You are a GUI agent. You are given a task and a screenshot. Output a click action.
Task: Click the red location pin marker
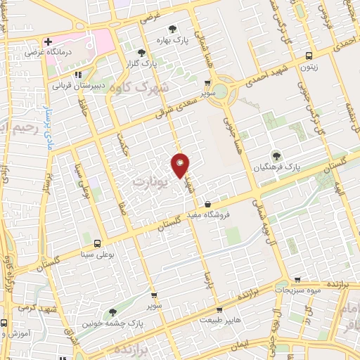tap(181, 165)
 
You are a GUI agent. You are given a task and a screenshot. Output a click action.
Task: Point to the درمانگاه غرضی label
tap(46, 53)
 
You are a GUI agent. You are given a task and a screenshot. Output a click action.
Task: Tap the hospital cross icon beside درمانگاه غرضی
tap(48, 42)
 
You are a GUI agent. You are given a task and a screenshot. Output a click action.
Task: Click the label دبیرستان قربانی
tap(80, 86)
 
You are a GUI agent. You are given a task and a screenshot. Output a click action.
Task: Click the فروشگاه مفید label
tap(230, 216)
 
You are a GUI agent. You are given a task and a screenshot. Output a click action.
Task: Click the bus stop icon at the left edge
tap(4, 324)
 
